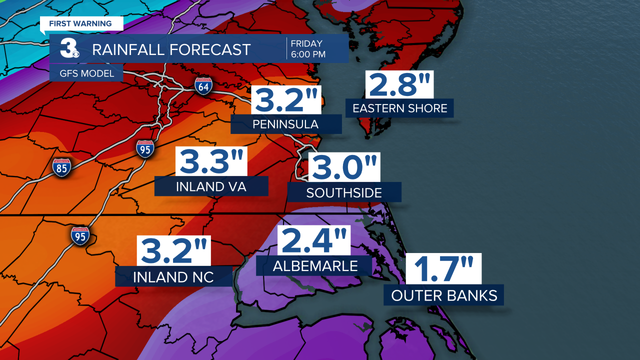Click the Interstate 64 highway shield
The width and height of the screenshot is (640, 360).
(x=204, y=86)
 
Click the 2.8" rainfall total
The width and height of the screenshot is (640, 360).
(x=399, y=84)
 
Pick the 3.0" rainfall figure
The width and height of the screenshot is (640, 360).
(x=344, y=167)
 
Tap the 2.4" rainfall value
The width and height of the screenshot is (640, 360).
(x=314, y=240)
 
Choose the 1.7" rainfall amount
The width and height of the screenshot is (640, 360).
(x=443, y=268)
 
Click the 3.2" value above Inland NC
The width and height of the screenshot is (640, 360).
(x=174, y=251)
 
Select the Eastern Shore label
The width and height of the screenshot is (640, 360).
(x=400, y=108)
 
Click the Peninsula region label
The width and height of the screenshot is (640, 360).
(x=286, y=124)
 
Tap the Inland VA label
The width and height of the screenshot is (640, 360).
(x=211, y=187)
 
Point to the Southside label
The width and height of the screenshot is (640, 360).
(x=344, y=192)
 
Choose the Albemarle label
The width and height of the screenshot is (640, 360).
(x=315, y=266)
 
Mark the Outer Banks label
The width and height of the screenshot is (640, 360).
(x=444, y=295)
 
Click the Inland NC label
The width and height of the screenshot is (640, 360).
(x=173, y=277)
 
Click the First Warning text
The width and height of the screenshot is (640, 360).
(x=80, y=23)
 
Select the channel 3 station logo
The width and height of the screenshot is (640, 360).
(x=69, y=49)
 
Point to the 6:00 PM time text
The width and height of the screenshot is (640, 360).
(x=308, y=54)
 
